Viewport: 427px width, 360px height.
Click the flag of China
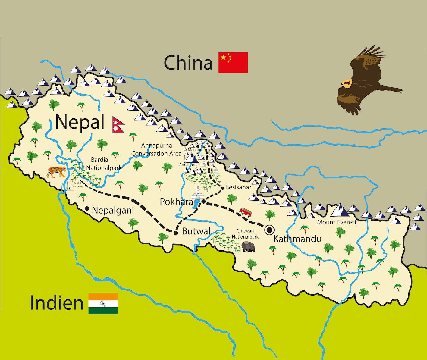[x=233, y=62]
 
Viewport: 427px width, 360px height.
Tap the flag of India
[x=103, y=304]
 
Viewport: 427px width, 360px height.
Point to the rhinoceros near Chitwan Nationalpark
[x=248, y=246]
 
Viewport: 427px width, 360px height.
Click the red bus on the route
[x=246, y=213]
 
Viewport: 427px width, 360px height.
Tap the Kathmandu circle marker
[x=269, y=230]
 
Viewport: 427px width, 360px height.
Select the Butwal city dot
[x=176, y=233]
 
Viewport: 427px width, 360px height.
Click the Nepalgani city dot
[x=87, y=208]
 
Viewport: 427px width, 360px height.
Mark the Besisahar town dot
[x=222, y=188]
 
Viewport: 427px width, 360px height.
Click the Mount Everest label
[x=337, y=222]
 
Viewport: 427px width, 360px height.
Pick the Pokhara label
[x=176, y=202]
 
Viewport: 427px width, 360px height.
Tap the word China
[x=188, y=63]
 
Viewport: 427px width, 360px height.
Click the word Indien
[x=56, y=303]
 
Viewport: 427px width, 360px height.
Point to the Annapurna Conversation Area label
[x=156, y=149]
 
